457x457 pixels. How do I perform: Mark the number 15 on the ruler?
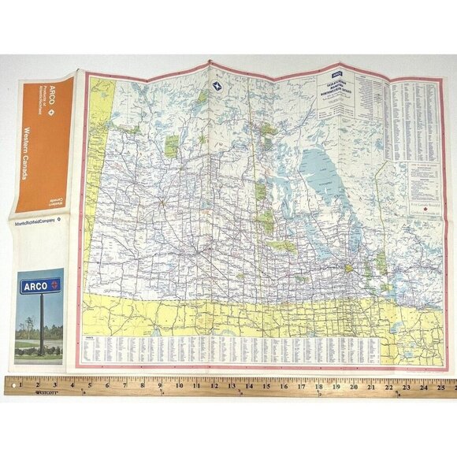pos(266,387)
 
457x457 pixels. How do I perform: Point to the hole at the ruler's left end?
pos(10,386)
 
